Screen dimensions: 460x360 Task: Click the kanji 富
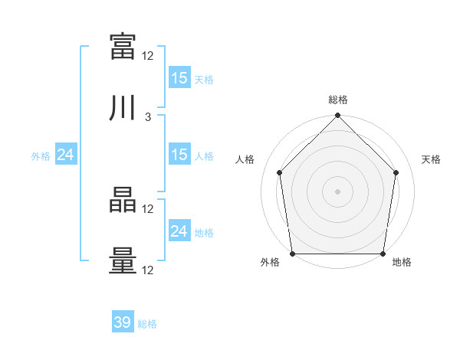pos(123,47)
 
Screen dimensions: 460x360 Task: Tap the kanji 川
pos(122,107)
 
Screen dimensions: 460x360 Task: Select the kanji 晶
pos(123,200)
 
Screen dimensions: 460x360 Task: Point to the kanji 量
pos(123,260)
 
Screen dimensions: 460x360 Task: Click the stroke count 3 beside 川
pos(148,117)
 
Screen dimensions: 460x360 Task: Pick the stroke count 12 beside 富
pos(147,56)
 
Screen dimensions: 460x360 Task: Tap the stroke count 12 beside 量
pos(147,270)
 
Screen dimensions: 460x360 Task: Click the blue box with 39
pos(123,321)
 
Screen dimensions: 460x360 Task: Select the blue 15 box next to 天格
pos(180,77)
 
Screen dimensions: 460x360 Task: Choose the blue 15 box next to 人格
pos(180,154)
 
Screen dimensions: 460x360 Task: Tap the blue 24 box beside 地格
pos(180,230)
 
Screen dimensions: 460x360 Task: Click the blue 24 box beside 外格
pos(66,154)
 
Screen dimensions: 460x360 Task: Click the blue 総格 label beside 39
pos(147,324)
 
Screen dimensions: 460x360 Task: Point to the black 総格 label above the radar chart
pos(338,100)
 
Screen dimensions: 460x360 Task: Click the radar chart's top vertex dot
pos(337,115)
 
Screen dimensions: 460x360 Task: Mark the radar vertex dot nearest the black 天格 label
pos(396,172)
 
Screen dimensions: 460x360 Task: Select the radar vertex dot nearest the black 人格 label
pos(280,172)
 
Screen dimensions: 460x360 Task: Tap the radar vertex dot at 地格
pos(383,254)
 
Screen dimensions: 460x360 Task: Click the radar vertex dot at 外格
pos(293,254)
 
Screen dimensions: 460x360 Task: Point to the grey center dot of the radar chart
pos(337,191)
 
